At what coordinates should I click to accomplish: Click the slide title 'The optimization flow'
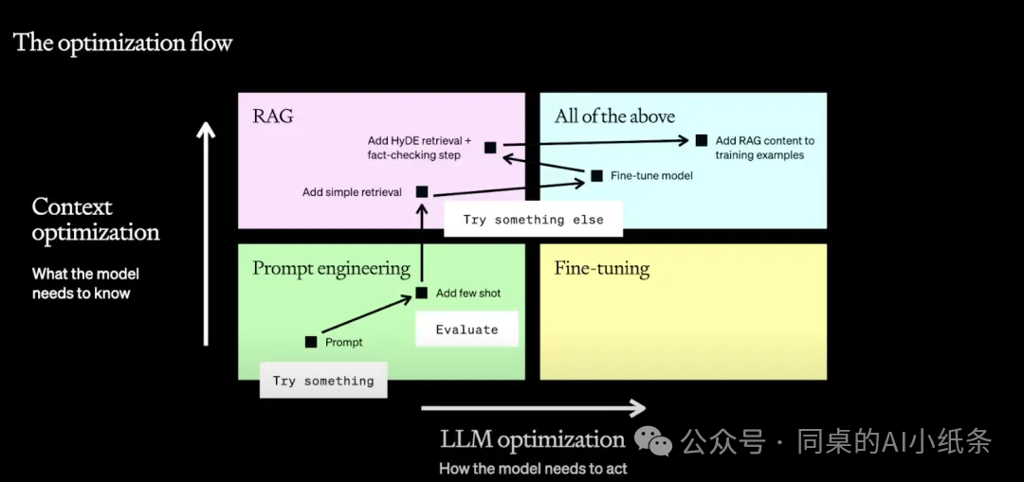click(122, 43)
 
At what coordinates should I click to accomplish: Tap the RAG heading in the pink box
click(273, 116)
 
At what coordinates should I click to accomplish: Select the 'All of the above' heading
click(614, 116)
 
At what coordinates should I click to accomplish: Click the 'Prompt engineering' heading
click(331, 269)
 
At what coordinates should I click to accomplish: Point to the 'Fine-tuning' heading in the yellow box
click(601, 269)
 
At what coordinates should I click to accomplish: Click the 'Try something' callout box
click(323, 381)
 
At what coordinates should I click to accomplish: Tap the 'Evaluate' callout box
click(466, 330)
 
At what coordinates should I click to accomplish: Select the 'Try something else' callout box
click(533, 220)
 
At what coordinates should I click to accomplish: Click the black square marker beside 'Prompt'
click(311, 342)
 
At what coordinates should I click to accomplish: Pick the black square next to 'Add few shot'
click(422, 293)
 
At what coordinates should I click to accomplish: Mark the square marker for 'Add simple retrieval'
click(422, 191)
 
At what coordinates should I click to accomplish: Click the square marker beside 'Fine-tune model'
click(597, 175)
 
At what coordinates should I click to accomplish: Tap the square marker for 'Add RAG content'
click(702, 140)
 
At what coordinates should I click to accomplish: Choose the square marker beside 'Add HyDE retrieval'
click(490, 148)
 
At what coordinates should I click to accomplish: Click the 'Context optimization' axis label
click(96, 220)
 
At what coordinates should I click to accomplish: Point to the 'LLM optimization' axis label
click(533, 439)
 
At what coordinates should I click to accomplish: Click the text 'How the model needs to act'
click(533, 469)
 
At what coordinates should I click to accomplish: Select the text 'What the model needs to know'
click(85, 284)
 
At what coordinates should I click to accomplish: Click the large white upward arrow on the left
click(207, 234)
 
